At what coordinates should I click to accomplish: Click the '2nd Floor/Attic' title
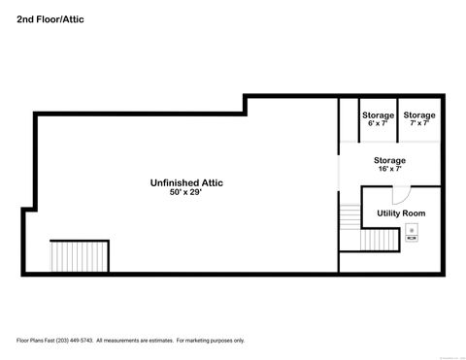pos(50,18)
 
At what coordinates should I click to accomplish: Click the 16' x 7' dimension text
pos(389,169)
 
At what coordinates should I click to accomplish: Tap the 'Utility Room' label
pos(401,213)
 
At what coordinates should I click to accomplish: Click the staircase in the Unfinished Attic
pos(80,257)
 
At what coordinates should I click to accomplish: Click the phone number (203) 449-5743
pos(72,341)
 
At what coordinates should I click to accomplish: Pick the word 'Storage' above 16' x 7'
pos(389,160)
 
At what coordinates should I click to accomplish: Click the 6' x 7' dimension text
pos(378,123)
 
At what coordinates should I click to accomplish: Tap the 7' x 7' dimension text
pos(419,123)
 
